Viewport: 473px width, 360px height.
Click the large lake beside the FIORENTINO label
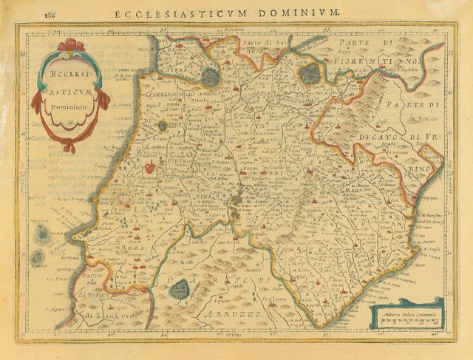(x=310, y=72)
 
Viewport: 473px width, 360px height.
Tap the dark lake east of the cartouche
(x=211, y=77)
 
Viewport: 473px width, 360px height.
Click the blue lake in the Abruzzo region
(x=180, y=289)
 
